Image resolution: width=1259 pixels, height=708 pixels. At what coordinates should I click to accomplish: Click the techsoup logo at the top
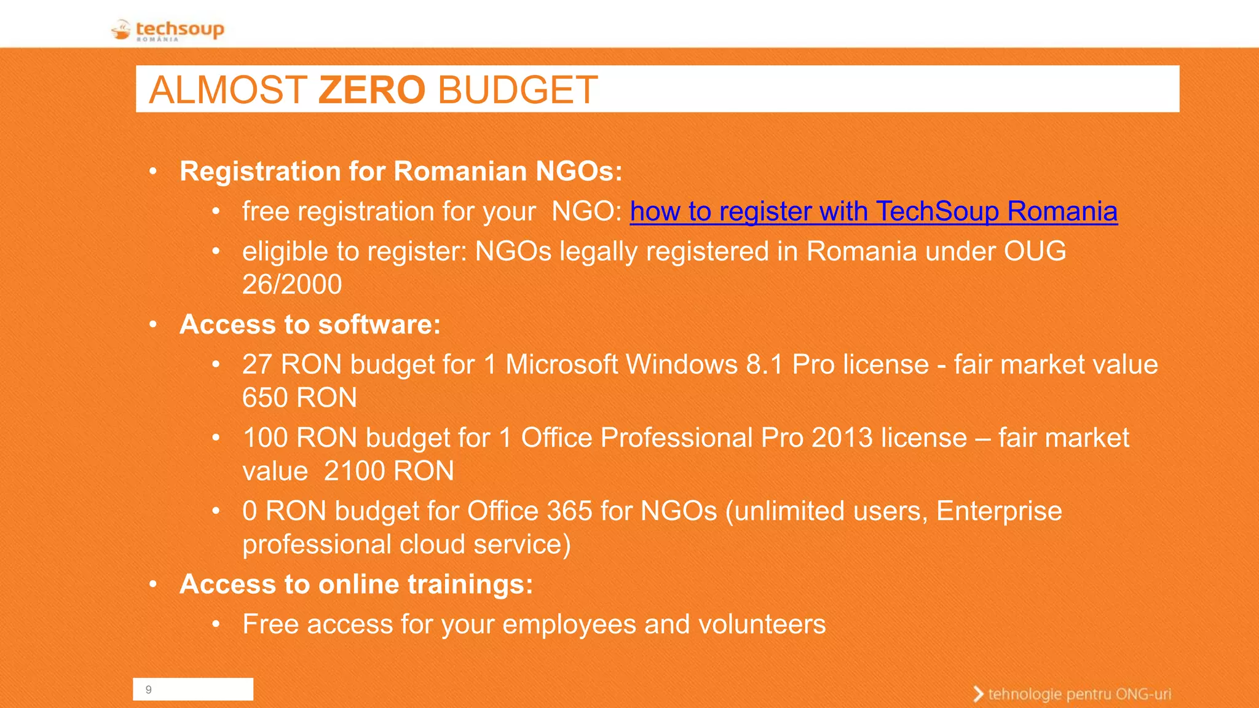point(168,29)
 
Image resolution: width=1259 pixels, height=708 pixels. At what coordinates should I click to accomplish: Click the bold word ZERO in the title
point(372,90)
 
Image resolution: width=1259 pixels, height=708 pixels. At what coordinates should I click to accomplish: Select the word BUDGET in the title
point(518,90)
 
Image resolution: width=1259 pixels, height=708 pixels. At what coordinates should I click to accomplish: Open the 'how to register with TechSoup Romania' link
point(873,211)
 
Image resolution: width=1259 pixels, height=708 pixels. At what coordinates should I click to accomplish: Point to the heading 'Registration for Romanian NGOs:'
point(401,171)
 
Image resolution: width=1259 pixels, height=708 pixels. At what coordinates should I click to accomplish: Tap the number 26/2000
point(292,285)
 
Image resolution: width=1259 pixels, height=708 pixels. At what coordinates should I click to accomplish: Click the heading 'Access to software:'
point(310,324)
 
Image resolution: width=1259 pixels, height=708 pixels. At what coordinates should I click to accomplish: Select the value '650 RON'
point(299,398)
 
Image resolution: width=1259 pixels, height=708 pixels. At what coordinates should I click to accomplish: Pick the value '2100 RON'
point(389,471)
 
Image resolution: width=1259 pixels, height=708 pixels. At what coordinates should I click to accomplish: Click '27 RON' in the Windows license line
point(292,364)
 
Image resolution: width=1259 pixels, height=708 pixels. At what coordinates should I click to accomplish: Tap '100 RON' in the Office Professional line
point(300,438)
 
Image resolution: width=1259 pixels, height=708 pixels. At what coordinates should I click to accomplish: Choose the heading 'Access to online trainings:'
point(356,584)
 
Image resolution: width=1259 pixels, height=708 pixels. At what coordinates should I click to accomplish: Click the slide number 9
point(149,690)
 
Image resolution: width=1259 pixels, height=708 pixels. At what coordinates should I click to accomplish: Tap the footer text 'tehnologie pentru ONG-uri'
point(1079,694)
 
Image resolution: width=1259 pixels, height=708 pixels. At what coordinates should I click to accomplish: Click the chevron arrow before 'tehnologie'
point(978,694)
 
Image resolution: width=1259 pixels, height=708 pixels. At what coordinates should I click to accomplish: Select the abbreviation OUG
point(1035,251)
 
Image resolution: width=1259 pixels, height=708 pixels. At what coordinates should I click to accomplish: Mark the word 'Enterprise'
point(999,511)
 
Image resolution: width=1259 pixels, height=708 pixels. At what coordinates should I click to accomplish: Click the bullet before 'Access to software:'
point(154,324)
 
